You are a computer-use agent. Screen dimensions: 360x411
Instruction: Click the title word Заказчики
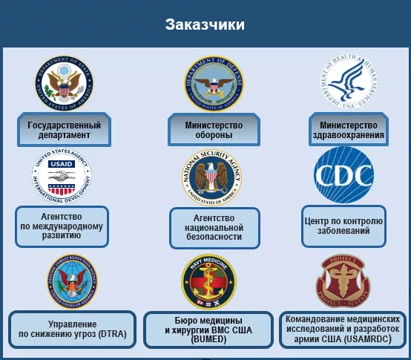205,24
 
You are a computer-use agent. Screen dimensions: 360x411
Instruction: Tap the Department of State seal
64,83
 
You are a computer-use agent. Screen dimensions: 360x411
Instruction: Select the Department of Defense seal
214,82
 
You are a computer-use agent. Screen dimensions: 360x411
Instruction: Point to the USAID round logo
61,176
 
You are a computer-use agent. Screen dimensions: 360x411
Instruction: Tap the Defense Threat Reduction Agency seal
71,281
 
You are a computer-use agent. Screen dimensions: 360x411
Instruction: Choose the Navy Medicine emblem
208,281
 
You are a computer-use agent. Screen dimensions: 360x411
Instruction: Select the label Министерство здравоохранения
348,130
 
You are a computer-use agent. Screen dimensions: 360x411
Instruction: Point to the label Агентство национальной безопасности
215,227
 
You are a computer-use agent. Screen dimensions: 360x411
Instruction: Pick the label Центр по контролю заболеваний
343,225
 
